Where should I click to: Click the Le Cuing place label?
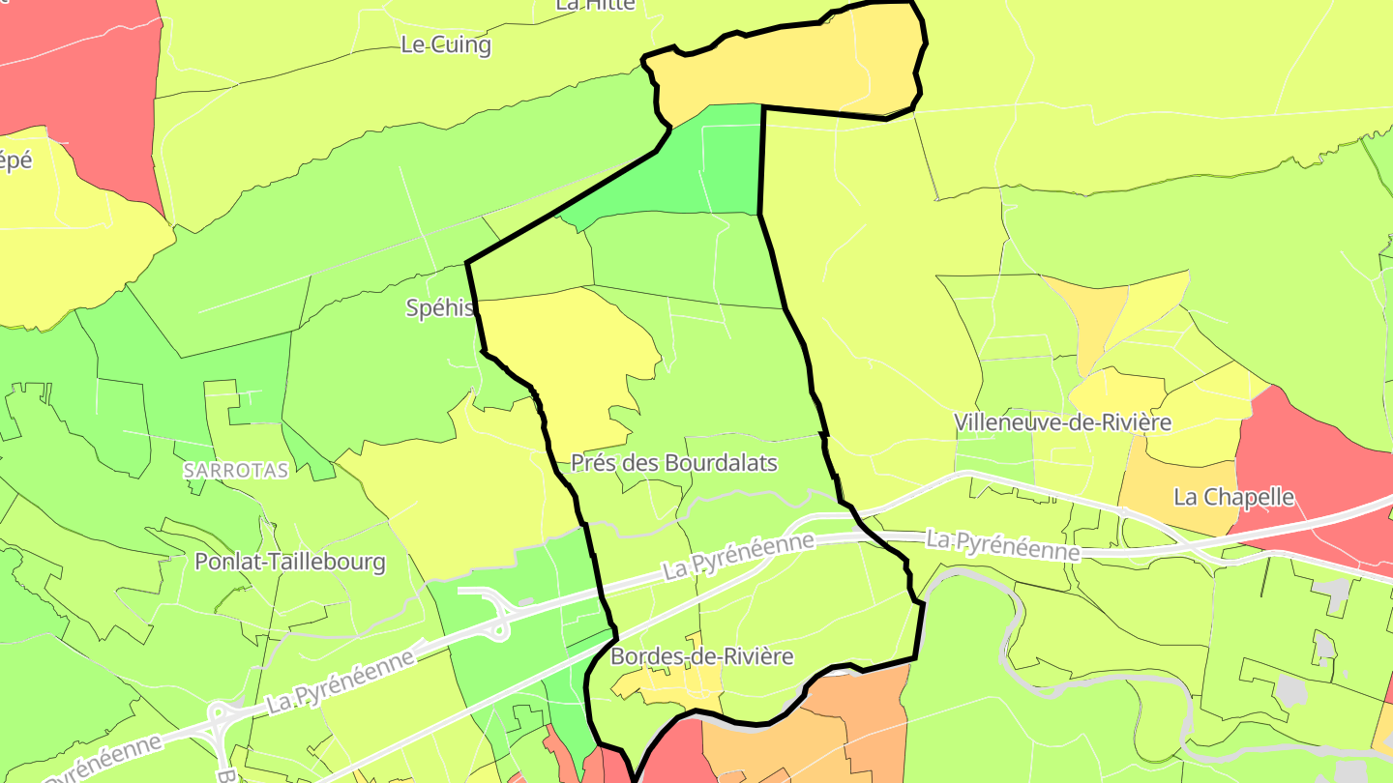446,45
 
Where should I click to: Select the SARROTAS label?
236,471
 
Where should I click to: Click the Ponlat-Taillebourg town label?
290,562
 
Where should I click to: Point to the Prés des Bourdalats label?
674,463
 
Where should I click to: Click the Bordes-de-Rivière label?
702,657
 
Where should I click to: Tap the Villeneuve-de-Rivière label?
1062,422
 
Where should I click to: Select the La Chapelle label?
1233,497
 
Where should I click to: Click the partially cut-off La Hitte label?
595,5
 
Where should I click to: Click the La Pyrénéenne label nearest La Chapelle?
1002,545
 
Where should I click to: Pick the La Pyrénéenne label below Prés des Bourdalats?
739,558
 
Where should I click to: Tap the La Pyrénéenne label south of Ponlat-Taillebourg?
341,681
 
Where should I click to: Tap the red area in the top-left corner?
77,68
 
